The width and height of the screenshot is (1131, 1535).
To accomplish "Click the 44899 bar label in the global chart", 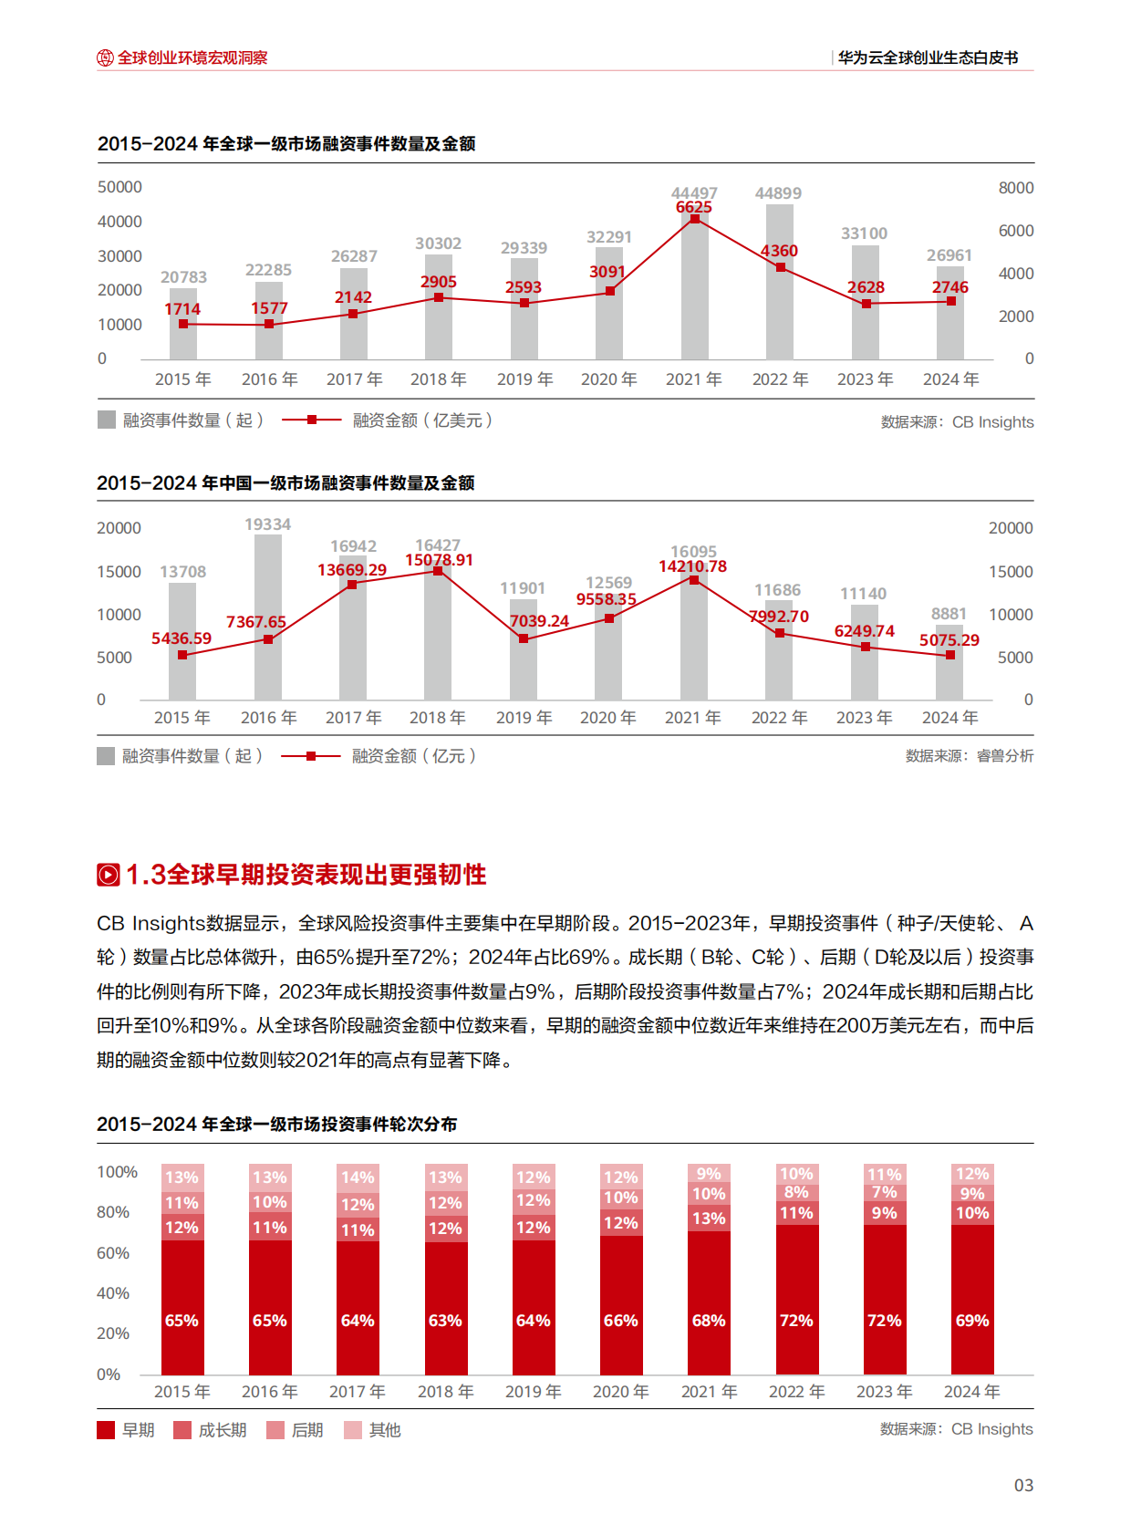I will pyautogui.click(x=778, y=193).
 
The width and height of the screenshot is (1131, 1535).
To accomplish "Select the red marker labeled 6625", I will pyautogui.click(x=695, y=219).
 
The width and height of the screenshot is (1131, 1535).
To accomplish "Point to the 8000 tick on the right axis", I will pyautogui.click(x=1015, y=188).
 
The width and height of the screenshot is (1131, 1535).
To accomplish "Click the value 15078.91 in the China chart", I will pyautogui.click(x=439, y=560).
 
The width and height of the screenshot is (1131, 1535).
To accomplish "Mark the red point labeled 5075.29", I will pyautogui.click(x=950, y=655).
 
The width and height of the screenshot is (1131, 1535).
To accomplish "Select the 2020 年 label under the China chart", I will pyautogui.click(x=608, y=718).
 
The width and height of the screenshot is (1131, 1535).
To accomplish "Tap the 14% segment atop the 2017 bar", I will pyautogui.click(x=358, y=1177).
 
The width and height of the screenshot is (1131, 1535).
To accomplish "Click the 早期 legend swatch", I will pyautogui.click(x=106, y=1430).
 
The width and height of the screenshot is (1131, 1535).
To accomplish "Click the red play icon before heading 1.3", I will pyautogui.click(x=108, y=875).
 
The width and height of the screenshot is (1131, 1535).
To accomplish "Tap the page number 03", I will pyautogui.click(x=1023, y=1486).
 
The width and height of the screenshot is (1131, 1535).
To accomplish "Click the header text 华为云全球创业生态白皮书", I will pyautogui.click(x=928, y=57).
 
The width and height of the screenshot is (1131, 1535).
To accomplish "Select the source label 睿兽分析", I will pyautogui.click(x=1004, y=756).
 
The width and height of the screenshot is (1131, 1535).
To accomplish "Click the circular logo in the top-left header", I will pyautogui.click(x=105, y=57).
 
